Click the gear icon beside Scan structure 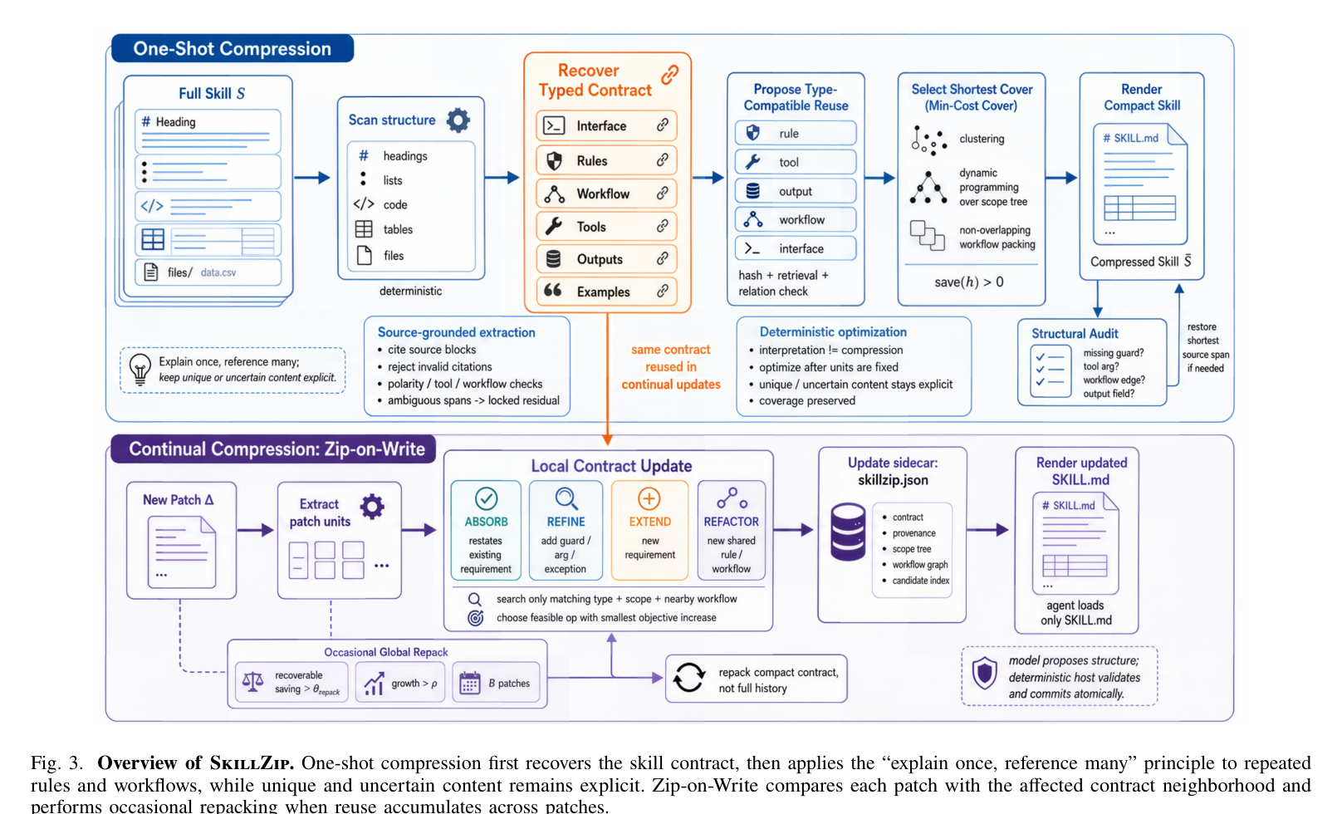(x=458, y=120)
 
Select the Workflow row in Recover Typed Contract (x=606, y=194)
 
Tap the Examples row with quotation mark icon (x=606, y=292)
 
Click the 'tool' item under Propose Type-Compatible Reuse (x=795, y=162)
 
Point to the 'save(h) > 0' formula (x=969, y=282)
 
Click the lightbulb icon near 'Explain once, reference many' (x=140, y=370)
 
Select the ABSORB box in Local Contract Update (x=486, y=530)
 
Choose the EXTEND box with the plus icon (x=649, y=530)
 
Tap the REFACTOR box (x=731, y=530)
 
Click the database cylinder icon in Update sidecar (x=848, y=532)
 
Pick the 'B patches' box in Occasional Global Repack (x=496, y=683)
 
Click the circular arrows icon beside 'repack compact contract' (x=688, y=678)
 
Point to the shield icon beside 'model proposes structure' (x=984, y=673)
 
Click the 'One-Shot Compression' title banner (x=233, y=48)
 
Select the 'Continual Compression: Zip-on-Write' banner (x=273, y=449)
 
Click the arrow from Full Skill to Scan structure (x=311, y=178)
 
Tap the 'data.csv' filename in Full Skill (x=218, y=272)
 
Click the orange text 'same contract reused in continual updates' (x=670, y=367)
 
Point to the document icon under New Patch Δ (x=182, y=552)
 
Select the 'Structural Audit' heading (x=1075, y=333)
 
